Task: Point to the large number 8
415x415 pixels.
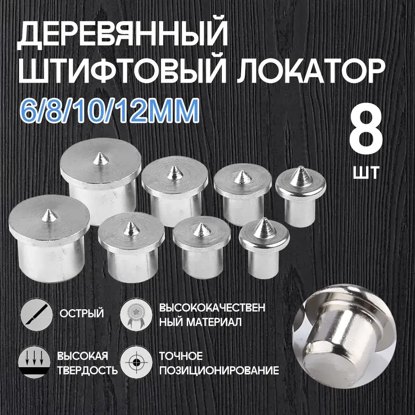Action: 365,135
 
